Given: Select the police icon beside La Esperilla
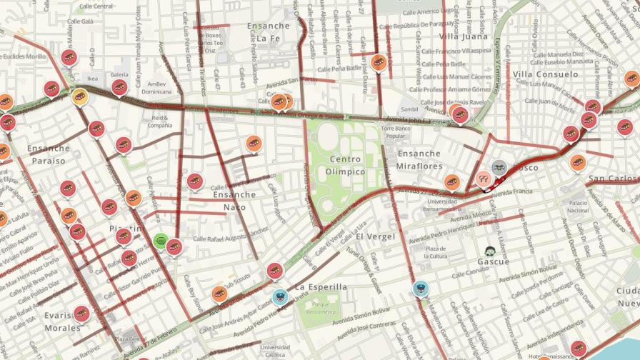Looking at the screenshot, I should coord(281,294).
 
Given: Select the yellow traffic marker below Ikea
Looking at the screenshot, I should coord(80,96).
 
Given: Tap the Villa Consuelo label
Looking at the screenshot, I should coord(545,74).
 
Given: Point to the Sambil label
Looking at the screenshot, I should coord(409,109).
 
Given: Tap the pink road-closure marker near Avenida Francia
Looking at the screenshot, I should coord(484,179).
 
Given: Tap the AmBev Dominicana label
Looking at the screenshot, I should coord(156,87).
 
